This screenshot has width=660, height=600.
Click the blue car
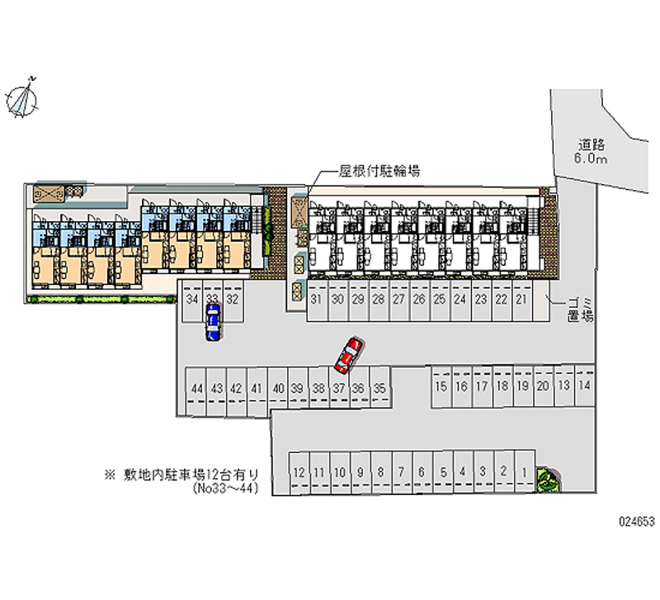(x=213, y=321)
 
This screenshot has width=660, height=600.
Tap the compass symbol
(x=24, y=98)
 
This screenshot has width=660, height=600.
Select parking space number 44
(x=196, y=388)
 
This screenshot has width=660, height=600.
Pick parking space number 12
(x=299, y=472)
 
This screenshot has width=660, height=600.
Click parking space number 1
(x=525, y=472)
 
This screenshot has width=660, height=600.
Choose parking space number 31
(x=317, y=300)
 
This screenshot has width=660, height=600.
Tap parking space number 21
(x=521, y=300)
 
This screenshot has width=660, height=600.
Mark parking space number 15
(x=441, y=385)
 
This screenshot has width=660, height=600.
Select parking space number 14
(x=584, y=385)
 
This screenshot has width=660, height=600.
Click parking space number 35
(x=379, y=388)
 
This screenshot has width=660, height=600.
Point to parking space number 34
(x=193, y=299)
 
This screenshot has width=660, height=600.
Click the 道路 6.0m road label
(x=592, y=151)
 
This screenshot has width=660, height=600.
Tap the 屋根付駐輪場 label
(x=380, y=172)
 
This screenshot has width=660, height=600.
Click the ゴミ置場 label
(x=578, y=308)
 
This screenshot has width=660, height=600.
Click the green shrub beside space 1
(x=546, y=477)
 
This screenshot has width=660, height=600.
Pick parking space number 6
(x=422, y=472)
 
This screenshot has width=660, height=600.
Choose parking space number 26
(x=419, y=300)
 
